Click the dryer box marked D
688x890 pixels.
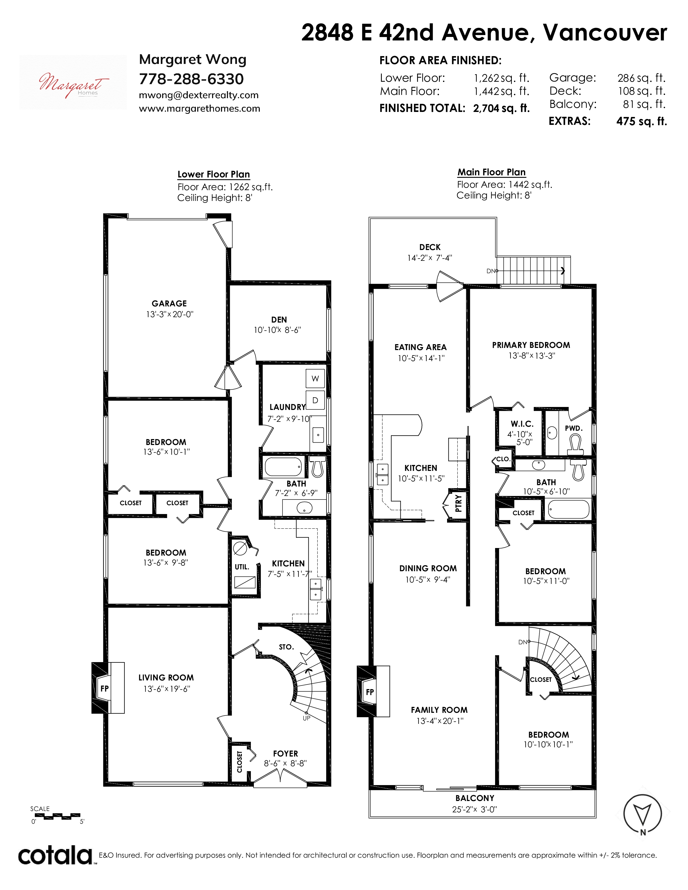pos(315,400)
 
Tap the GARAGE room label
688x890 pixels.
pos(169,304)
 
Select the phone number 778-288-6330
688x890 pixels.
pos(191,79)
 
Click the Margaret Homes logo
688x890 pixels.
pos(73,82)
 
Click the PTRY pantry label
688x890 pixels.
pos(459,503)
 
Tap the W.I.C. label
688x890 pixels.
pos(522,424)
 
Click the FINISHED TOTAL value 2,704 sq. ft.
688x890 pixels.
pos(501,108)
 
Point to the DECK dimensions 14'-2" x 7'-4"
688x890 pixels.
pos(430,258)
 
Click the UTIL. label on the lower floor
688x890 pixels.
pos(242,567)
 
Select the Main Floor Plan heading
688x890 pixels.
pos(492,172)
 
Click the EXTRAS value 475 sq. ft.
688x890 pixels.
pos(642,121)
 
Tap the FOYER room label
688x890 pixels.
pos(285,754)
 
